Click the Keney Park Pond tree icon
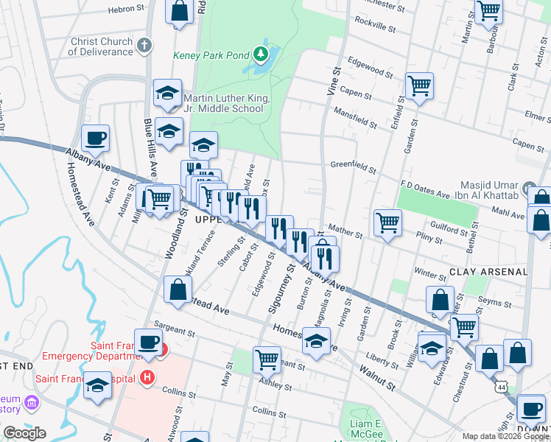(x=260, y=55)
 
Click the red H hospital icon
(x=147, y=379)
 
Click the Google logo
(x=24, y=433)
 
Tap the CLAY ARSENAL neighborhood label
(x=488, y=272)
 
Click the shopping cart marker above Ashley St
(x=267, y=359)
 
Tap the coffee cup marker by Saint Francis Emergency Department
(x=149, y=343)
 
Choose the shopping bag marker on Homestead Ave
(x=178, y=289)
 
